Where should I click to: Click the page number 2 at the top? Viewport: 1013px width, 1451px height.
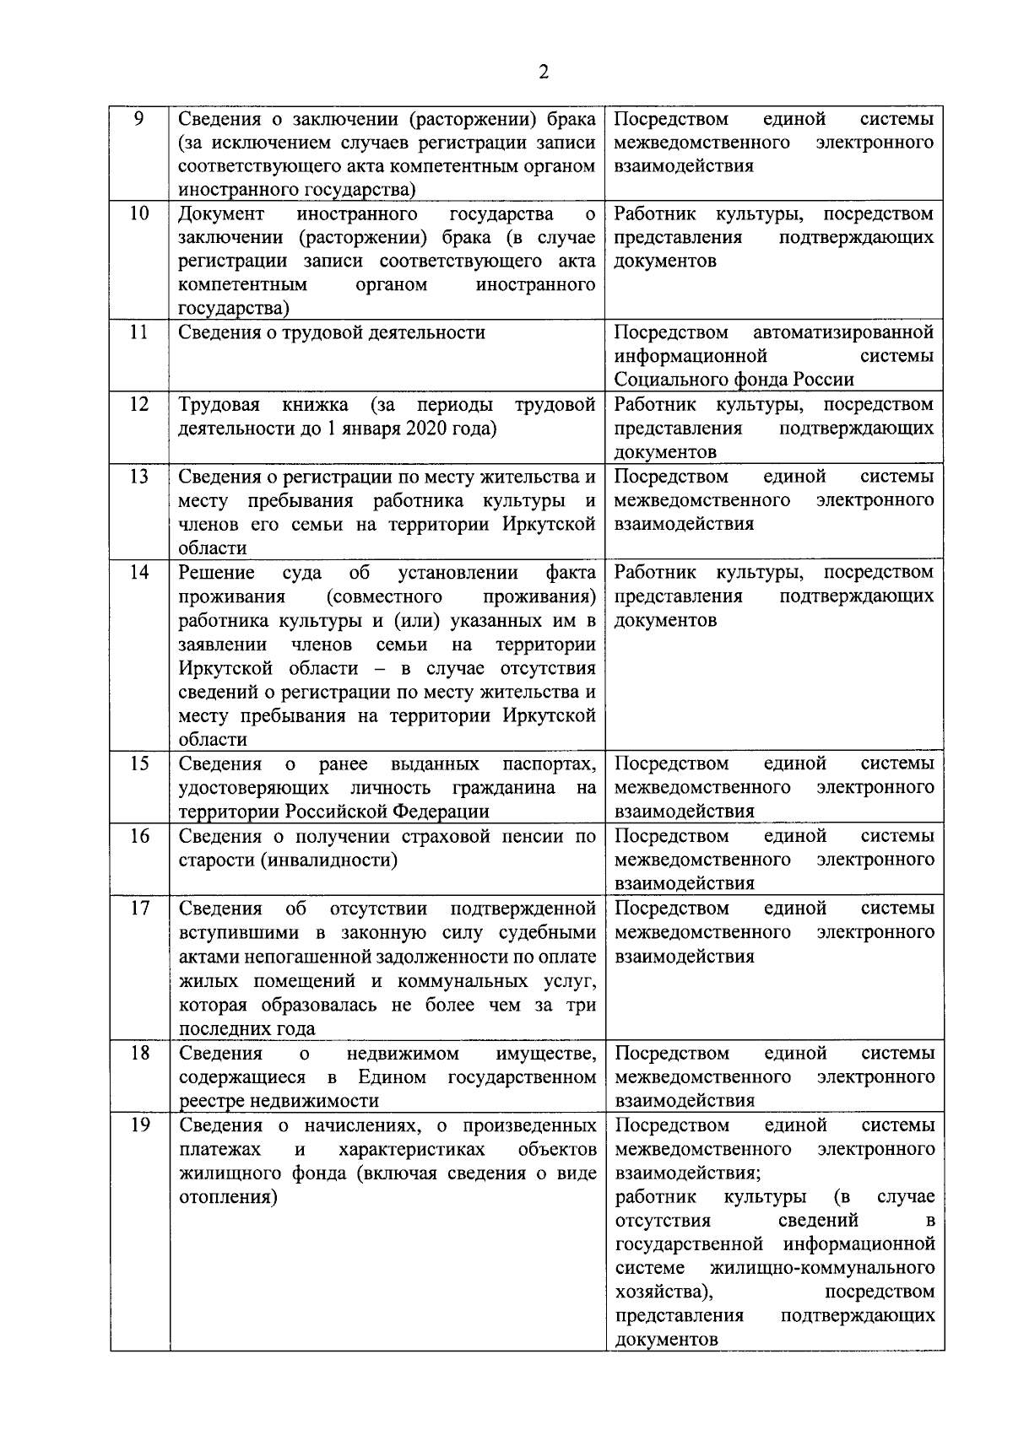[544, 72]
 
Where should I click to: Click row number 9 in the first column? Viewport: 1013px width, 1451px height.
[140, 118]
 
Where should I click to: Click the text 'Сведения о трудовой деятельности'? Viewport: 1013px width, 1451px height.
[332, 332]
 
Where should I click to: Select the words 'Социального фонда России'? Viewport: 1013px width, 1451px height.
[734, 380]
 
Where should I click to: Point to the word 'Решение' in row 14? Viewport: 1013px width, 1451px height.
[216, 573]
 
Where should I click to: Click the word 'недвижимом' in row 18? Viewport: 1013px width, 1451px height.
[402, 1054]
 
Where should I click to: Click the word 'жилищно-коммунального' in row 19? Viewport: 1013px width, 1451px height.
[822, 1269]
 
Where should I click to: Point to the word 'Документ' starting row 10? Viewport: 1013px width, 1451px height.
[221, 213]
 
